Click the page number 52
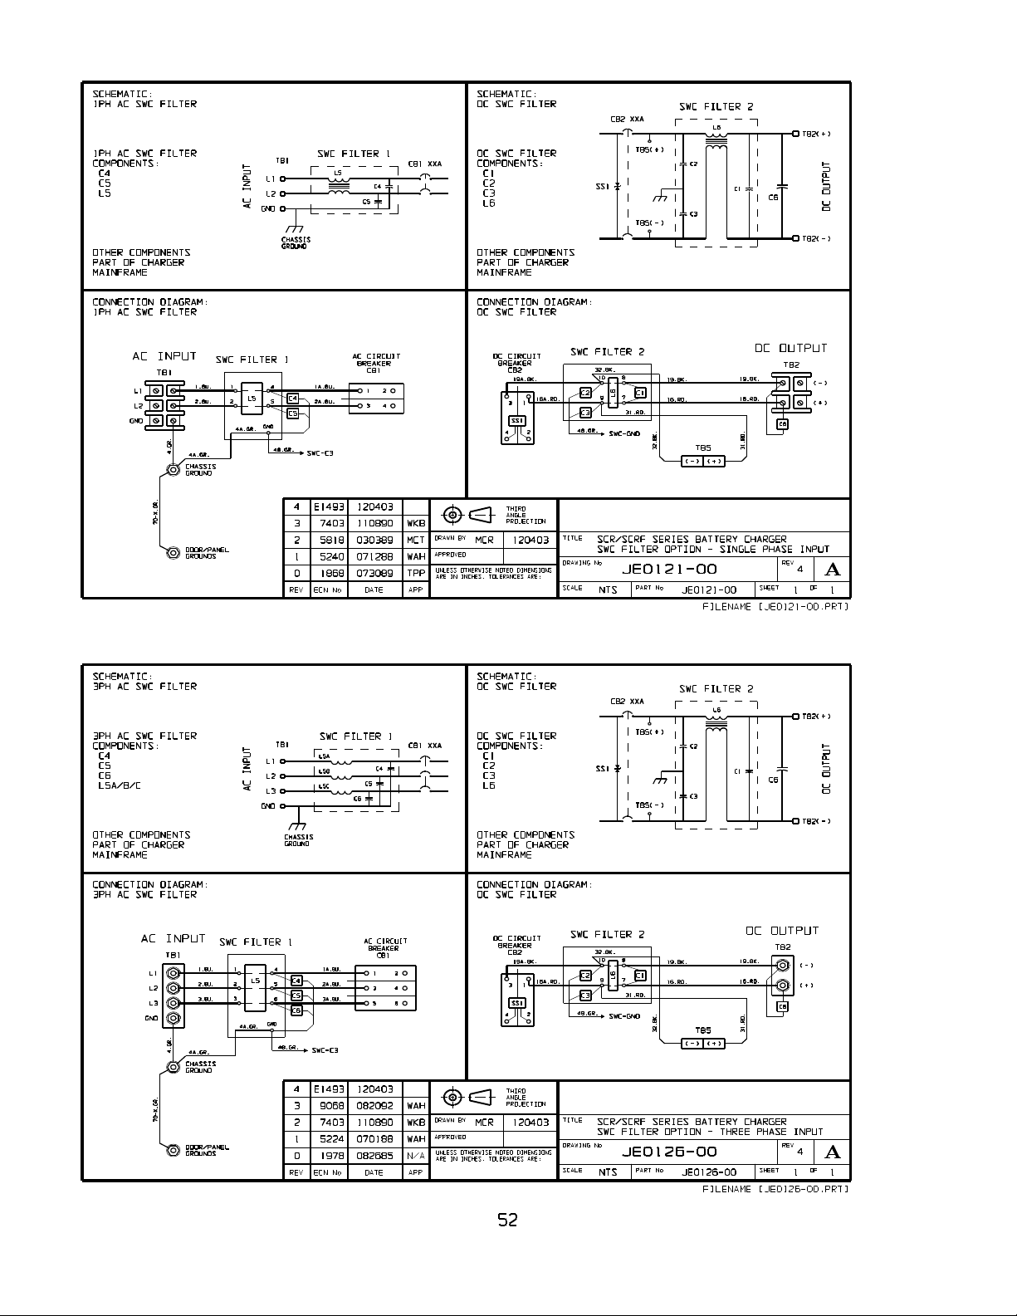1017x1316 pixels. coord(507,1220)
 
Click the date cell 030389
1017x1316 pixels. coord(374,540)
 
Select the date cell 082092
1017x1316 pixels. coord(374,1105)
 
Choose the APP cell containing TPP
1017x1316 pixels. coord(416,573)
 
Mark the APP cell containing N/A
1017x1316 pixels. coord(416,1155)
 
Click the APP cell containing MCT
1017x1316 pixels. coord(416,540)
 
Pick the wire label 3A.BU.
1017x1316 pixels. coord(331,999)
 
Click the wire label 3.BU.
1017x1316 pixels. coord(203,999)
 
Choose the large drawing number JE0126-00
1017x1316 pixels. coord(668,1152)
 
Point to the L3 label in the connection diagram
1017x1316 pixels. coord(154,1003)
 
